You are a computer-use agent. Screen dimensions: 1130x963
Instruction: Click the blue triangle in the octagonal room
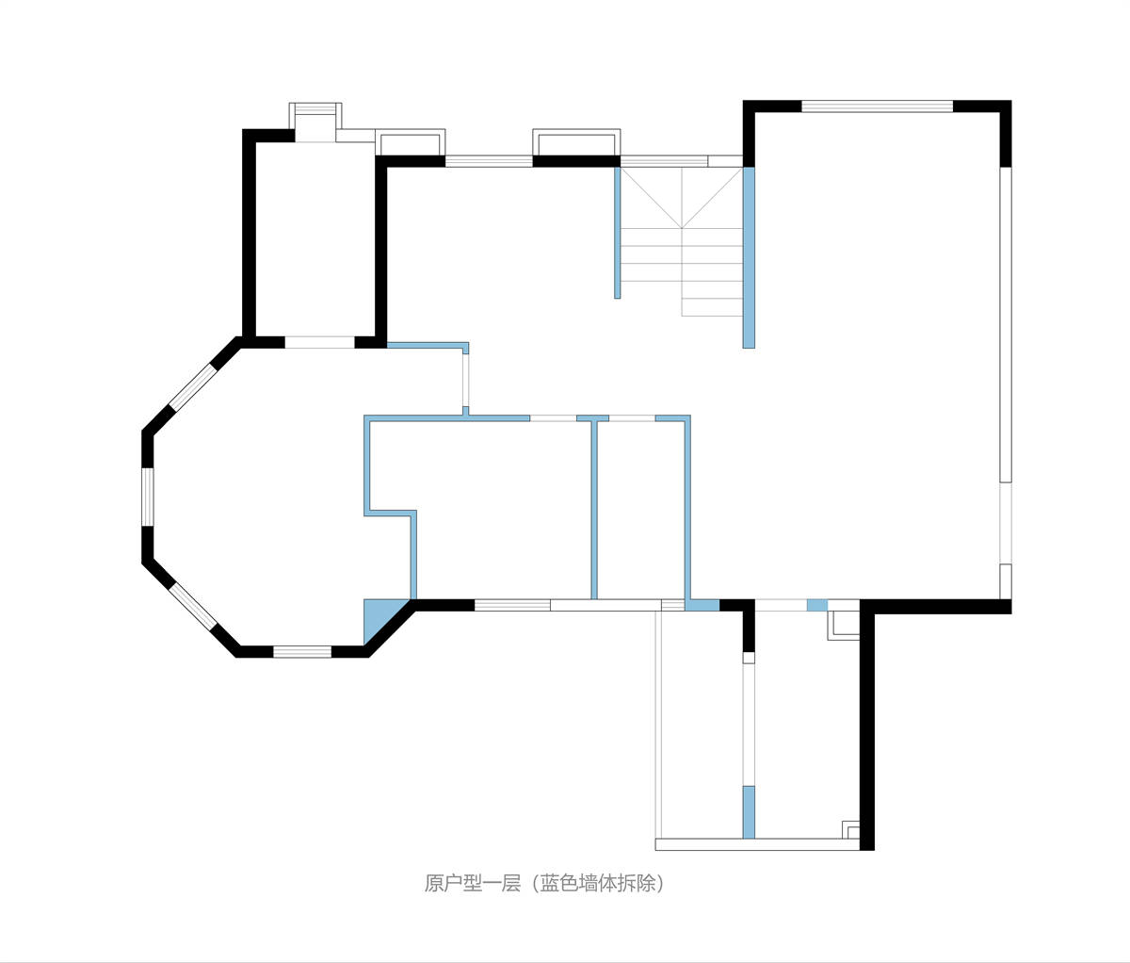[379, 616]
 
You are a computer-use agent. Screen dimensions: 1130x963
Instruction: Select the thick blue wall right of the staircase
[749, 257]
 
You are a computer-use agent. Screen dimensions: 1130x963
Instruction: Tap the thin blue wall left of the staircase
[617, 233]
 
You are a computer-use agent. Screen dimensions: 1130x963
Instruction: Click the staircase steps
[682, 241]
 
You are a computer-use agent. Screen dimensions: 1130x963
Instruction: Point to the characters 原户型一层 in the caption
[473, 884]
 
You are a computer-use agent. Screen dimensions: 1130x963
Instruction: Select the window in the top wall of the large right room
[878, 106]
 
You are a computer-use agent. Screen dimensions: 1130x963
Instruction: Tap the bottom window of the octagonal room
[302, 652]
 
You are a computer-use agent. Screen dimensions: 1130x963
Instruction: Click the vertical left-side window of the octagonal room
[148, 498]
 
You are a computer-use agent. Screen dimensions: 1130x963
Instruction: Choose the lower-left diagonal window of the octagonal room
[193, 606]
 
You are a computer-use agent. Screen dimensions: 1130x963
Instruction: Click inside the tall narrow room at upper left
[315, 239]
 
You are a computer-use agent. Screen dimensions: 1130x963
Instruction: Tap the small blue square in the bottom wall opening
[817, 605]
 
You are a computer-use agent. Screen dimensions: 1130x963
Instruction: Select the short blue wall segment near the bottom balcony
[749, 812]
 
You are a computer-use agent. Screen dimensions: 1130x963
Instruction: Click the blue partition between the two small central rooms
[594, 510]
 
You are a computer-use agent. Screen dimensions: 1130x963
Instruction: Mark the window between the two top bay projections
[489, 161]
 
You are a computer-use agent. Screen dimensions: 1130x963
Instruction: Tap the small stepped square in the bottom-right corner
[850, 829]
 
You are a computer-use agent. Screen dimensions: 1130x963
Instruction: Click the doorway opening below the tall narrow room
[320, 343]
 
